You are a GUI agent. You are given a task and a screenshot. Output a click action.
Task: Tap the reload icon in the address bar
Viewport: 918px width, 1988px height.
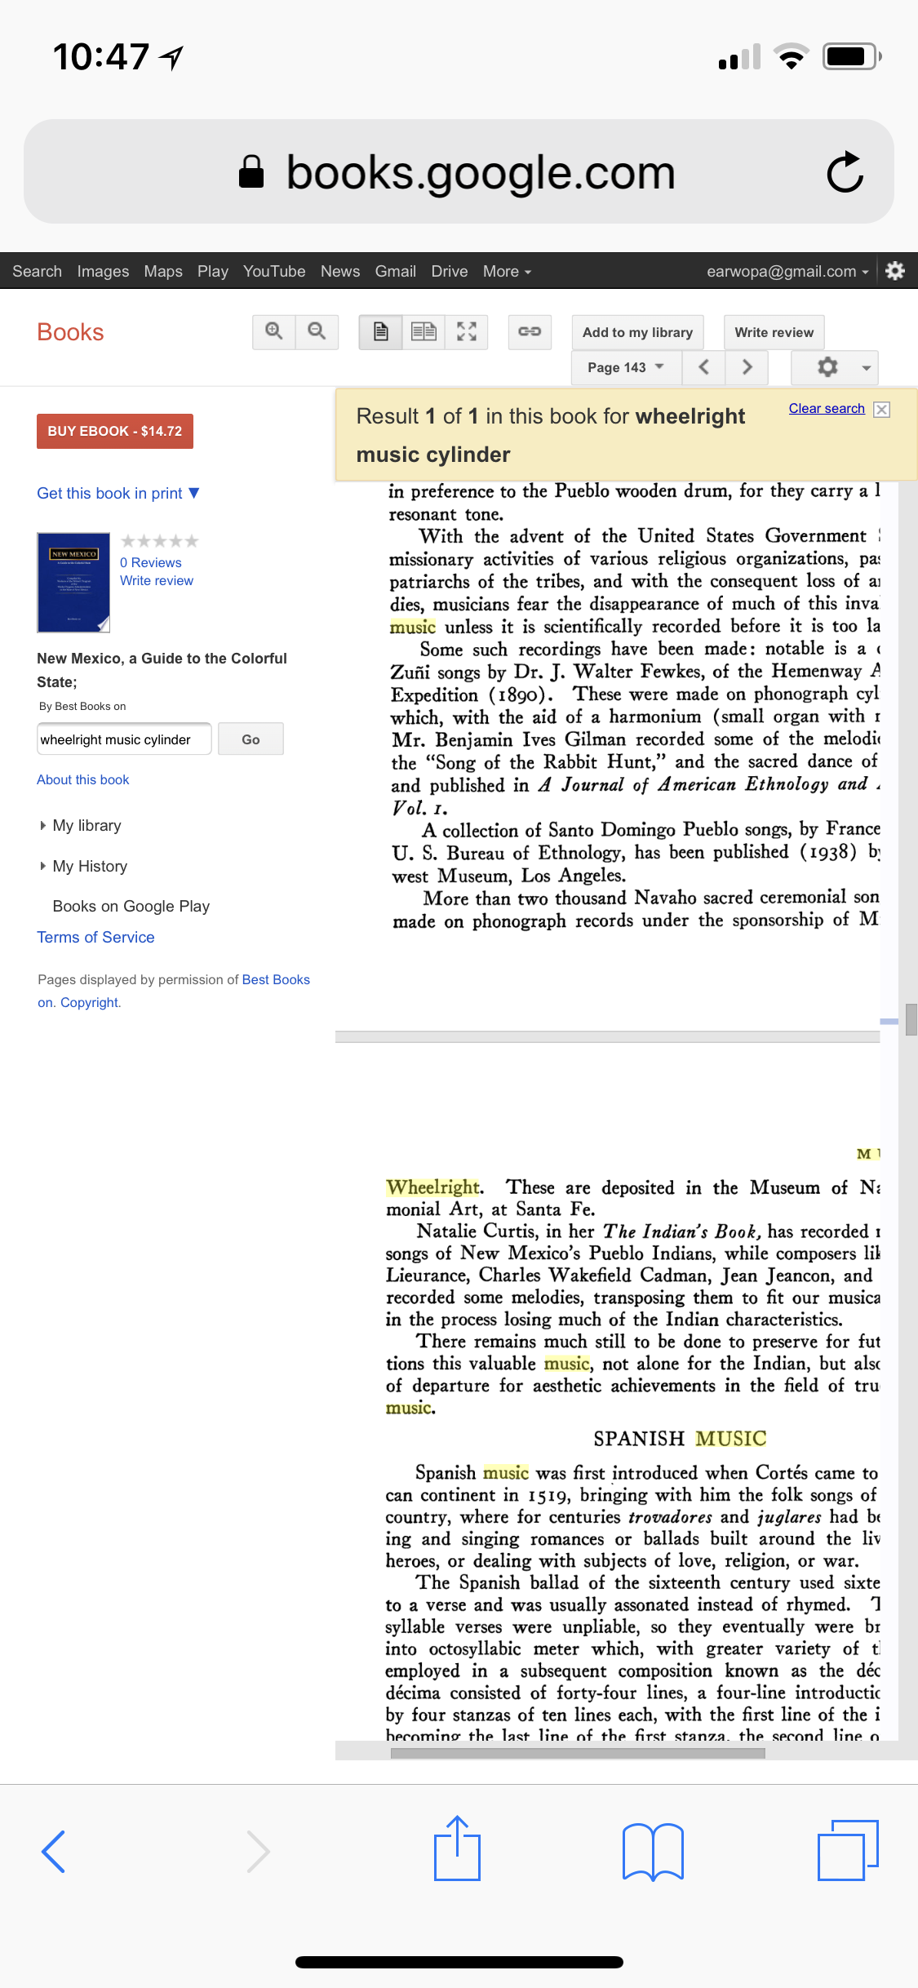pyautogui.click(x=845, y=172)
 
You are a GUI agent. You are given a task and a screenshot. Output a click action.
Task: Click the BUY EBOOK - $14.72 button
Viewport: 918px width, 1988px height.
pyautogui.click(x=115, y=431)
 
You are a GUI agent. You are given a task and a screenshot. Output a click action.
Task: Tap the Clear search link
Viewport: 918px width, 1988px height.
pyautogui.click(x=826, y=408)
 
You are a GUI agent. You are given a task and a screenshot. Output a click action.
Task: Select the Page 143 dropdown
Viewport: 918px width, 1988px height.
pyautogui.click(x=625, y=367)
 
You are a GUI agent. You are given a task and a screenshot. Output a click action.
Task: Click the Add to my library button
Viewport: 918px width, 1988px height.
pyautogui.click(x=637, y=332)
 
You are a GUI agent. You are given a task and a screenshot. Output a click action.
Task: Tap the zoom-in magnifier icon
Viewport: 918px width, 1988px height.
pyautogui.click(x=274, y=331)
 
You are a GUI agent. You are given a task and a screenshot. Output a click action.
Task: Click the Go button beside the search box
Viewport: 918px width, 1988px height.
pyautogui.click(x=251, y=739)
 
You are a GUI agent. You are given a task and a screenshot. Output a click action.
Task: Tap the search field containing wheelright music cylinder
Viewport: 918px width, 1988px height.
pyautogui.click(x=124, y=739)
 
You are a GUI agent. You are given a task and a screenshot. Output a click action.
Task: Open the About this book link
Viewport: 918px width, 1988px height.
pyautogui.click(x=83, y=779)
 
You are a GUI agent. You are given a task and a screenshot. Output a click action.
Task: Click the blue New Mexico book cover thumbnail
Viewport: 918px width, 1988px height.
pyautogui.click(x=73, y=582)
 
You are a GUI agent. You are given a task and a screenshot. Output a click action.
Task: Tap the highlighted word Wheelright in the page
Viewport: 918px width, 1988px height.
pyautogui.click(x=433, y=1187)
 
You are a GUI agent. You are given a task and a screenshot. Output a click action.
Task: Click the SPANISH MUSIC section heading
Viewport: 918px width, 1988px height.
pyautogui.click(x=680, y=1438)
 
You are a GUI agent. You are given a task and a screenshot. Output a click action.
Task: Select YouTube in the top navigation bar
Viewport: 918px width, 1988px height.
pyautogui.click(x=274, y=271)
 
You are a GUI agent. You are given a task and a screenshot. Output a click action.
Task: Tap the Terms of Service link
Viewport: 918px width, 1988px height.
pyautogui.click(x=95, y=937)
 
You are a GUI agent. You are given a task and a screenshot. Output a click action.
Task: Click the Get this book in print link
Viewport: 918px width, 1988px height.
pyautogui.click(x=110, y=493)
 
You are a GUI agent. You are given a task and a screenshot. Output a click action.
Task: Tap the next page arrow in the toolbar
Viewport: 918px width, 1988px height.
pyautogui.click(x=747, y=367)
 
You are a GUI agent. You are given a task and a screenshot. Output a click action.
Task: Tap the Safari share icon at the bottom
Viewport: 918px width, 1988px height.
pyautogui.click(x=457, y=1850)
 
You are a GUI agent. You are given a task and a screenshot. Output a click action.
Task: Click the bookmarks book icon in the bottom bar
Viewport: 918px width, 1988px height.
pyautogui.click(x=653, y=1852)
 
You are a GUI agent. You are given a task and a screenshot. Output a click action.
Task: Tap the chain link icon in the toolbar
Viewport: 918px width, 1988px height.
pyautogui.click(x=530, y=331)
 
